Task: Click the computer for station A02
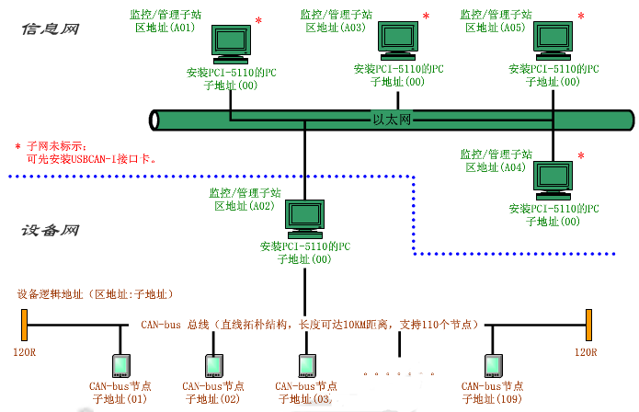pyautogui.click(x=304, y=217)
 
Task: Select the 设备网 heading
pyautogui.click(x=50, y=231)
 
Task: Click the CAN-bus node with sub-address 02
pyautogui.click(x=213, y=365)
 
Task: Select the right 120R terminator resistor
pyautogui.click(x=587, y=325)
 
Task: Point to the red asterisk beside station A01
pyautogui.click(x=258, y=20)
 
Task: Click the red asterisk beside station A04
pyautogui.click(x=580, y=155)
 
